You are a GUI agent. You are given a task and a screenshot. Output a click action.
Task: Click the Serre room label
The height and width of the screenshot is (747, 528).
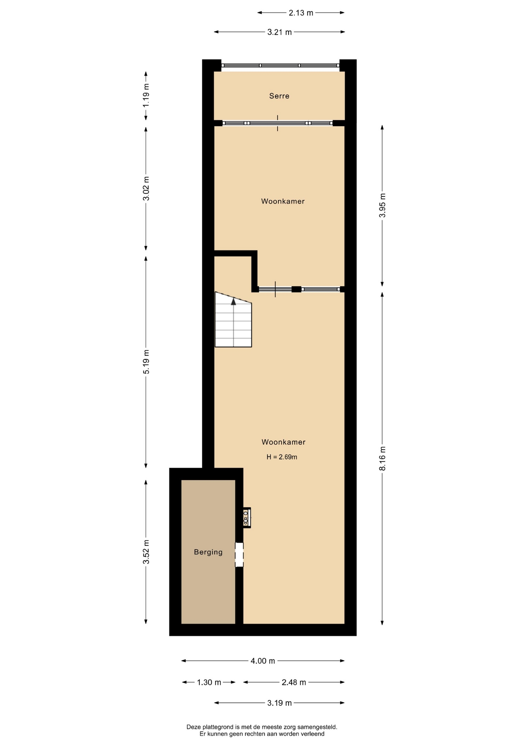click(279, 96)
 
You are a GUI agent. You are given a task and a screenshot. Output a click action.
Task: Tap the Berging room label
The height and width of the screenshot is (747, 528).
click(208, 552)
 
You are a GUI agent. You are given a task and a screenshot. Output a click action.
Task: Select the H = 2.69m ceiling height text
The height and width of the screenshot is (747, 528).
click(282, 457)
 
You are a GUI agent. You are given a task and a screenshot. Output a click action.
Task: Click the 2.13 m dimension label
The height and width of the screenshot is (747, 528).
click(301, 13)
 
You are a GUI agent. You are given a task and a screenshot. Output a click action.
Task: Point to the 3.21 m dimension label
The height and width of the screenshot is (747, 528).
click(280, 32)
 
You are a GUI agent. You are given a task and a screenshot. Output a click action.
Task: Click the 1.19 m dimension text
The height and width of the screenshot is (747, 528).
click(146, 96)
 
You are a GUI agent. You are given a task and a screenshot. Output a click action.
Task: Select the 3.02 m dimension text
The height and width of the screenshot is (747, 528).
click(146, 189)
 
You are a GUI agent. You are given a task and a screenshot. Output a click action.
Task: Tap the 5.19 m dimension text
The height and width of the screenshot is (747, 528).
click(146, 362)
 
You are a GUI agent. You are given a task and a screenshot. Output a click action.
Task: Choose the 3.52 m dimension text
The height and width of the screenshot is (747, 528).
click(146, 552)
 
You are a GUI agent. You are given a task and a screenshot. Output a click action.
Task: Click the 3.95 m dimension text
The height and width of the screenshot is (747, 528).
click(383, 205)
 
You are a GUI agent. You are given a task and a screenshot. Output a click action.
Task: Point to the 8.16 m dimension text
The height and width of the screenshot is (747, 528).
click(383, 458)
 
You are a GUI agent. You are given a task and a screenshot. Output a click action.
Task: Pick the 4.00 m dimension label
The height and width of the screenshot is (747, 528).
click(263, 661)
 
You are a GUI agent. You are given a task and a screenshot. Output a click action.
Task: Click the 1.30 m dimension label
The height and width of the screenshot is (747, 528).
click(209, 682)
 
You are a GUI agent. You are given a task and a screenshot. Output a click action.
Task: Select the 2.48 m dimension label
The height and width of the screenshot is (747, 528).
click(294, 682)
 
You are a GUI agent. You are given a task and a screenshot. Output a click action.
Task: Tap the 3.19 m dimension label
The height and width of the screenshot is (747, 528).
click(280, 703)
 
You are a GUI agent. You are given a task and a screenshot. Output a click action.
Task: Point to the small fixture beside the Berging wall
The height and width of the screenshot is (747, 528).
click(247, 518)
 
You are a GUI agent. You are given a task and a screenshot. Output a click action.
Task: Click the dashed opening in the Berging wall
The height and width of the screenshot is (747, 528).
click(239, 554)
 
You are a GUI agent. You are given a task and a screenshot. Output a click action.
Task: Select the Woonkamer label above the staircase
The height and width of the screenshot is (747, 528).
click(283, 201)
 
